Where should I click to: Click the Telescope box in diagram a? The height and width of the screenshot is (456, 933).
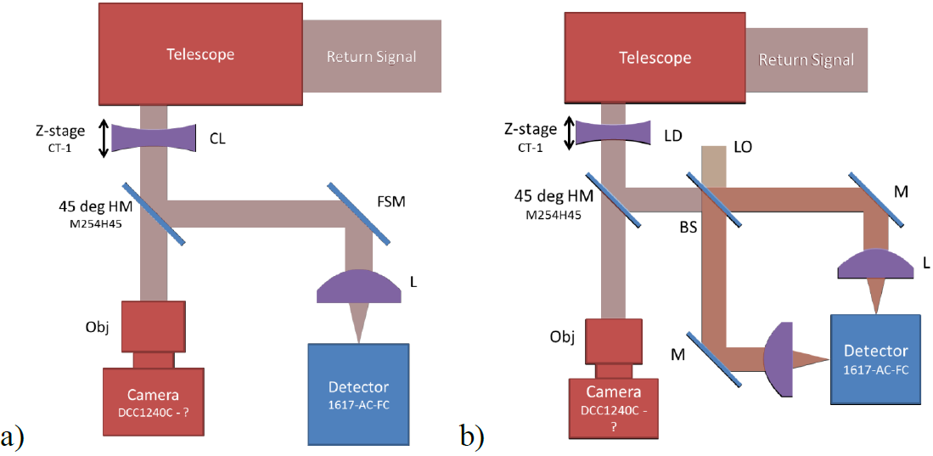point(200,55)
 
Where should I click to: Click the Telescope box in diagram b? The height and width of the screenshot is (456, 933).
point(655,59)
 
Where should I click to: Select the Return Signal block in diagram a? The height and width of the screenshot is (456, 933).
point(372,57)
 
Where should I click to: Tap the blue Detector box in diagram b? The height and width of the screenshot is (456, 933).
point(875,358)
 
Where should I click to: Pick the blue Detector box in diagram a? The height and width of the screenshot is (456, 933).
point(358,392)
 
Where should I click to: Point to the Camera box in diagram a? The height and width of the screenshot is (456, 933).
point(154,403)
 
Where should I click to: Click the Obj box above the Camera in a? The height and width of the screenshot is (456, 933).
point(153,326)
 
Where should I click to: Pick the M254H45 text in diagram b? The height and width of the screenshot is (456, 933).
point(553,215)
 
